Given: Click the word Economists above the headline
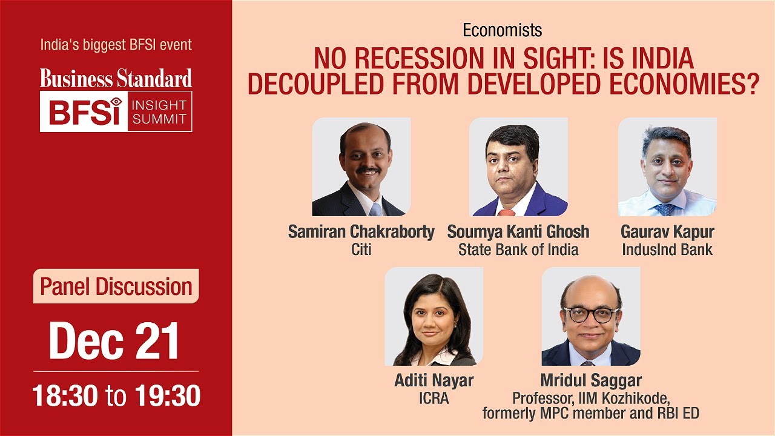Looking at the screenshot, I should point(502,30).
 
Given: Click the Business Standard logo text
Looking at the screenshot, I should point(116,78).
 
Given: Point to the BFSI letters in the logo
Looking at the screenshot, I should point(85,111).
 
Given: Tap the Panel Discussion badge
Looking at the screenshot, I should point(116,286).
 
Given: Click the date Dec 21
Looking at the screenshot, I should point(114,341).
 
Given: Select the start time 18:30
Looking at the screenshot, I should point(65,396).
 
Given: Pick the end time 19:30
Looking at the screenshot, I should point(167,396).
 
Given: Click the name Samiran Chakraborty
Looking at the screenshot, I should point(361,233).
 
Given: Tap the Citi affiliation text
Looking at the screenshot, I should point(361,249).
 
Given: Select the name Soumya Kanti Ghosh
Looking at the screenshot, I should point(518,233).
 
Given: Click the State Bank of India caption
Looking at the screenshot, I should point(518,249).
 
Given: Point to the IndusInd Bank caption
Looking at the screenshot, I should point(667,249).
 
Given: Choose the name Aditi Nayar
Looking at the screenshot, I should point(434,381).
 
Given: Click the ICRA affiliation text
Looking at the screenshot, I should point(434,398).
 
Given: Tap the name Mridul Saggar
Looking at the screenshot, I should point(590,381).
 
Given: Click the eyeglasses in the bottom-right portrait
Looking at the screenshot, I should point(590,314).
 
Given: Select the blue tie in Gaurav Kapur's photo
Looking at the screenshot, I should point(665,209).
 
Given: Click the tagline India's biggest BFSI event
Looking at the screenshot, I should point(116,45).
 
